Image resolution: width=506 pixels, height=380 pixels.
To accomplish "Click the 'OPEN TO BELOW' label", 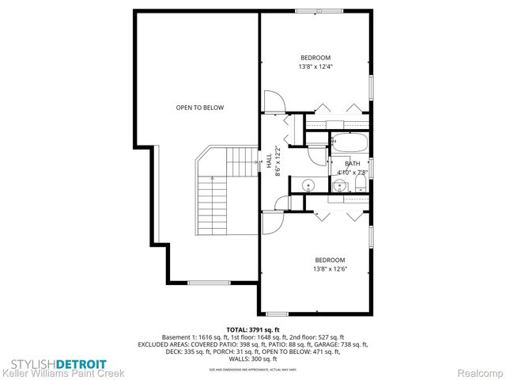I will (199, 107).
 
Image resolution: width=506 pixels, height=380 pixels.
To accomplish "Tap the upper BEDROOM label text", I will (315, 57).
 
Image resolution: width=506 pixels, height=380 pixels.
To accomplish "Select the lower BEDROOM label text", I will (330, 260).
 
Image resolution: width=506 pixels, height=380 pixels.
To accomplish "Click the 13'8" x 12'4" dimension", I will (315, 66).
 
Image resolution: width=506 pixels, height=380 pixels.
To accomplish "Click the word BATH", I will (352, 163).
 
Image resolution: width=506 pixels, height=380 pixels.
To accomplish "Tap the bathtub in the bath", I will (348, 145).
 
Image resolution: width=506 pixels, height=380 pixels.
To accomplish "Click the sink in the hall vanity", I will (307, 187).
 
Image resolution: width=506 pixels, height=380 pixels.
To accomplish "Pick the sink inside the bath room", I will (339, 187).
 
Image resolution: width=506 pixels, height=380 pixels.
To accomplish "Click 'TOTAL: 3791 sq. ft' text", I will (253, 329).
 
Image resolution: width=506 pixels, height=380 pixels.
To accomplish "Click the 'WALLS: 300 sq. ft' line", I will (253, 359).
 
